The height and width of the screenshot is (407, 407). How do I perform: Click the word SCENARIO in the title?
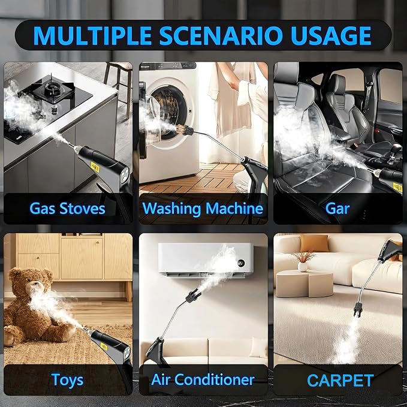click(221, 35)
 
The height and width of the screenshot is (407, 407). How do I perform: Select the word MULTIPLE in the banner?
click(92, 35)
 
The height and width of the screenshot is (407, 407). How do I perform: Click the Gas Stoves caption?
click(68, 209)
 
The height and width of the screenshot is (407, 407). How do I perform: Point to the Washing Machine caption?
click(203, 209)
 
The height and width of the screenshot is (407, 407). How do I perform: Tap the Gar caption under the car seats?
click(337, 209)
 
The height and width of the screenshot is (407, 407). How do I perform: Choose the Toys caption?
click(68, 380)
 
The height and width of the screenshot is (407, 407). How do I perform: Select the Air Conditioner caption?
click(203, 380)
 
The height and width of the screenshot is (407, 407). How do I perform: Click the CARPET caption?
click(340, 381)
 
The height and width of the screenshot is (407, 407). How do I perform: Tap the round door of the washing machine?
click(169, 108)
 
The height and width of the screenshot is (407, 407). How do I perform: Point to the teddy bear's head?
click(31, 282)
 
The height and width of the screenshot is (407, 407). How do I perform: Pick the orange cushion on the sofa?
click(315, 243)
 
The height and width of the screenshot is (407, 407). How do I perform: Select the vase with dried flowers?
click(302, 261)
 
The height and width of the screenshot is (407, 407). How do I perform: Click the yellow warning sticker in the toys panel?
click(103, 347)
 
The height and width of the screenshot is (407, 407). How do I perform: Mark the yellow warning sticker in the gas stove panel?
click(95, 168)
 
